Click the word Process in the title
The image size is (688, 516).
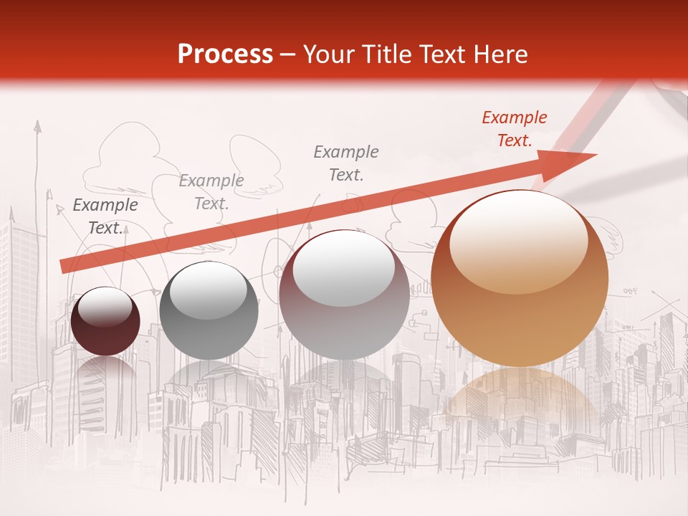coord(225,54)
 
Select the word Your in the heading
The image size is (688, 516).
coord(327,54)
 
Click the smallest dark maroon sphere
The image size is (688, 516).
coord(105,321)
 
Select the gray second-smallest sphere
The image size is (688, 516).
coord(209,310)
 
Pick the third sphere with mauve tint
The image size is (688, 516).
coord(344,295)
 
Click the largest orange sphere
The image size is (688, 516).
coord(520,279)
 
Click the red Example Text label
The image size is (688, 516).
coord(514,129)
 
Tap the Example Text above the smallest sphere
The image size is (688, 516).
coord(105,216)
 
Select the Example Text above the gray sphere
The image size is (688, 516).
coord(211,192)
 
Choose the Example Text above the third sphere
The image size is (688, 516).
coord(346,163)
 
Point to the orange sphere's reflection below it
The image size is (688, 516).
coord(520,401)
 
